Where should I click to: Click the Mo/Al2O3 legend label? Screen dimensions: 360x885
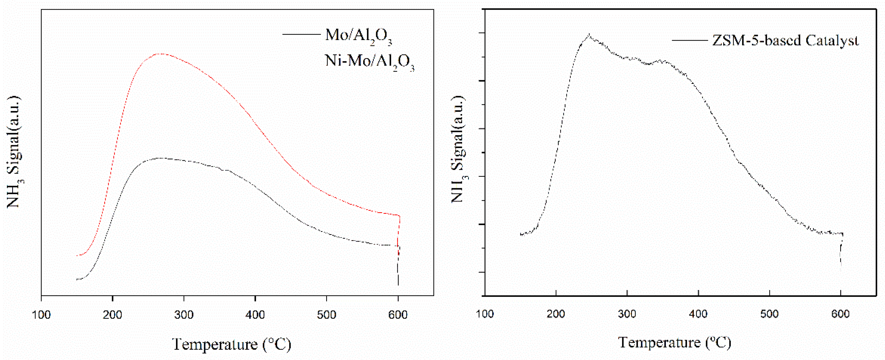[358, 36]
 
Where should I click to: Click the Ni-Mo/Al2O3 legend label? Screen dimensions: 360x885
[369, 61]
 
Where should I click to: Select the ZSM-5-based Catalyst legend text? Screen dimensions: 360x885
[785, 40]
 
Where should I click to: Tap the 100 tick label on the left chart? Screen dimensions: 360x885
[41, 315]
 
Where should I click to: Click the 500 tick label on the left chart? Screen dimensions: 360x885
[326, 315]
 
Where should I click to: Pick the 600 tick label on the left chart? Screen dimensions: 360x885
[398, 315]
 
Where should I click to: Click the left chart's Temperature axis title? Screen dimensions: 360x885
[232, 344]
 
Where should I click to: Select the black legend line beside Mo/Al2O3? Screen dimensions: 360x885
[301, 34]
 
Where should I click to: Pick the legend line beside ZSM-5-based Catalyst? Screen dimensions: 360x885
[690, 40]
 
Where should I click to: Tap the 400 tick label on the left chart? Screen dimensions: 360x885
[255, 315]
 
